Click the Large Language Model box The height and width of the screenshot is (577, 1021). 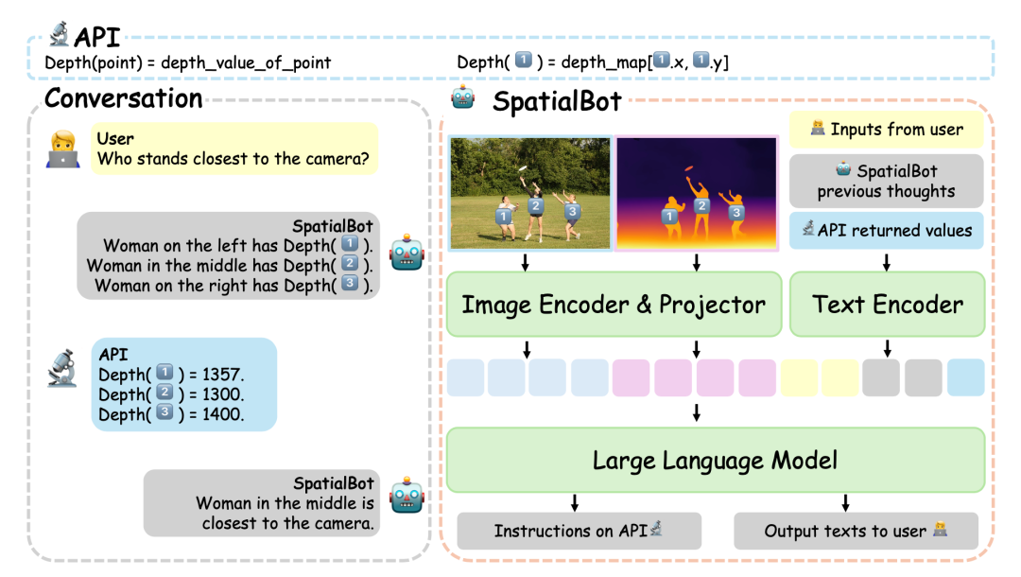(715, 461)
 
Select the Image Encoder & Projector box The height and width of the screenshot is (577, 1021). (613, 305)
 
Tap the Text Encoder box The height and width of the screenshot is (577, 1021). (887, 305)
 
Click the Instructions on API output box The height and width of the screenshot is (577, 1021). (579, 531)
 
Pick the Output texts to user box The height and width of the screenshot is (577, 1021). (856, 531)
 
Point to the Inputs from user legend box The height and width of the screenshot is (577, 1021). (887, 130)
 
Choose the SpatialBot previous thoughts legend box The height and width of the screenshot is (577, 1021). (887, 181)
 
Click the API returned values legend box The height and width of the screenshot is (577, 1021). (887, 230)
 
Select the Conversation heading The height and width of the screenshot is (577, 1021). (123, 98)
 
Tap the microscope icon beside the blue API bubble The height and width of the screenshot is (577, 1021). (63, 371)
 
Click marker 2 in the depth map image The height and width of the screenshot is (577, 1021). (701, 206)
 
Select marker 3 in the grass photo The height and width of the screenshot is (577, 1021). (571, 212)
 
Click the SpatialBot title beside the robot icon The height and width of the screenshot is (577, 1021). (557, 101)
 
